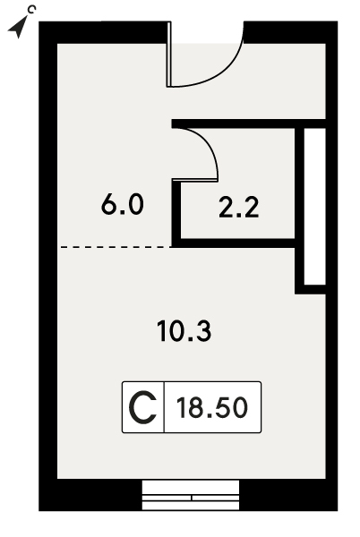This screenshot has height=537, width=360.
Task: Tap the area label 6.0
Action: click(123, 205)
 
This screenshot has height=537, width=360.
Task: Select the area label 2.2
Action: click(239, 208)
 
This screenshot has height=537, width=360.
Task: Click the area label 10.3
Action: click(184, 331)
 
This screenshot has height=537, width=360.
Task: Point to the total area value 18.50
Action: click(212, 407)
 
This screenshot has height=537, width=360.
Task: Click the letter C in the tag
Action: click(142, 407)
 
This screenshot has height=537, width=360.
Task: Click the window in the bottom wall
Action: click(191, 495)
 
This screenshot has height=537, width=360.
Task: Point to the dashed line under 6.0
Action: click(116, 247)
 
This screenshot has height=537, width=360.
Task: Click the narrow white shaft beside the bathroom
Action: click(315, 206)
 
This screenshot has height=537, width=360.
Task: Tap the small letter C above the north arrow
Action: click(31, 10)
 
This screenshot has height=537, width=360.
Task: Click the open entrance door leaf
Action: click(169, 55)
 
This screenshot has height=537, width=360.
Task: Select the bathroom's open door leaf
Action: click(195, 180)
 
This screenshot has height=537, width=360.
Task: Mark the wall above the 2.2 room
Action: click(248, 124)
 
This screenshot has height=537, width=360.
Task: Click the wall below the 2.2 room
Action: click(234, 243)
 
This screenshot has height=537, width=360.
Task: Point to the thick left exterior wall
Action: click(48, 266)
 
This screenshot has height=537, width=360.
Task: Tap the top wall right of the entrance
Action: click(290, 32)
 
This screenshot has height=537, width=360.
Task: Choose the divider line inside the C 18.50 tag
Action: click(164, 407)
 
